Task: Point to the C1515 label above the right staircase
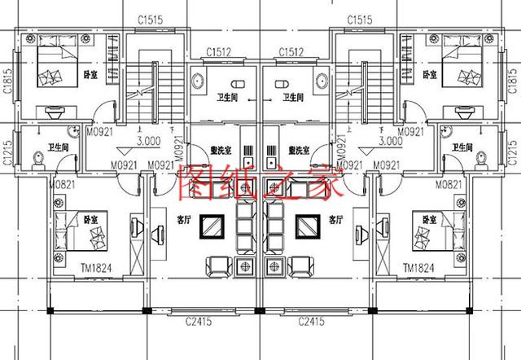[358, 19]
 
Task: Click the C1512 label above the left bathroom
[216, 52]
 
